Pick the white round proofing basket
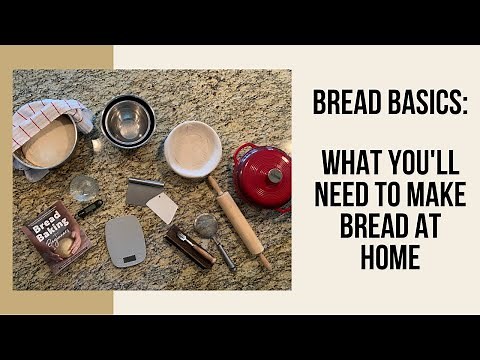193,148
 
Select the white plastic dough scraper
162,207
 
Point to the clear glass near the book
84,187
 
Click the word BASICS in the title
418,103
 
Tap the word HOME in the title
386,259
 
